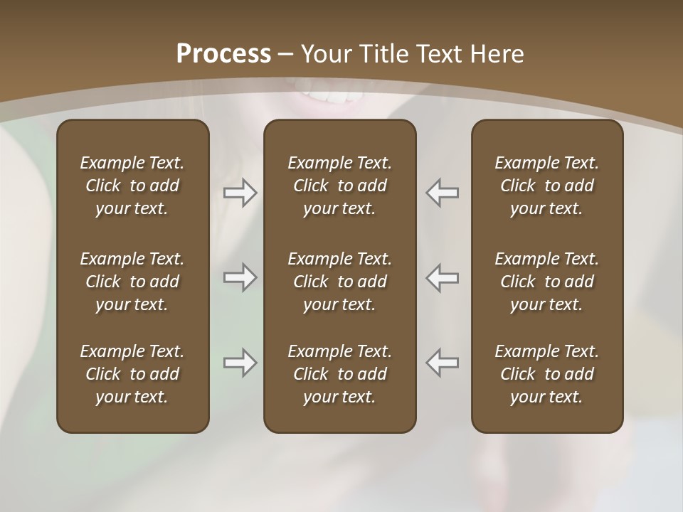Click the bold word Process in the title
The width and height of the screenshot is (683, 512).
click(x=223, y=54)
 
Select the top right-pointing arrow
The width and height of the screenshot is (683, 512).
click(x=240, y=193)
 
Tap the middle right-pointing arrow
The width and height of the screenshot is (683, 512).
click(x=240, y=277)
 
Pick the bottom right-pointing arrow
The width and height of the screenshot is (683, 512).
click(x=240, y=363)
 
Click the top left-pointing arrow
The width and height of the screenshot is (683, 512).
click(x=442, y=193)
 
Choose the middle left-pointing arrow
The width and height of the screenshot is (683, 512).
click(x=442, y=277)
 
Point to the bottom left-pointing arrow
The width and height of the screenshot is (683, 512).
click(x=442, y=363)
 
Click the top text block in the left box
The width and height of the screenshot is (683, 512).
click(x=132, y=186)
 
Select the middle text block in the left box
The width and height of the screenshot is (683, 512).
click(x=132, y=282)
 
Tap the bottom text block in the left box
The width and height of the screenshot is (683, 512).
click(x=132, y=374)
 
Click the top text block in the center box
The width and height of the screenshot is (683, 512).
click(x=339, y=186)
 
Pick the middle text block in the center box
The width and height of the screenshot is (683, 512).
click(x=339, y=282)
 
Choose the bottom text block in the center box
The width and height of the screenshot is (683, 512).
click(x=339, y=374)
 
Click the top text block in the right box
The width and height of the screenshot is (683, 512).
click(x=546, y=186)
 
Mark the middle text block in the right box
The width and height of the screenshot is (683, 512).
click(x=546, y=282)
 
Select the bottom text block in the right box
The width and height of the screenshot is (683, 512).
click(x=546, y=374)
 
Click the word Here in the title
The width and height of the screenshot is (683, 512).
click(x=497, y=54)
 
